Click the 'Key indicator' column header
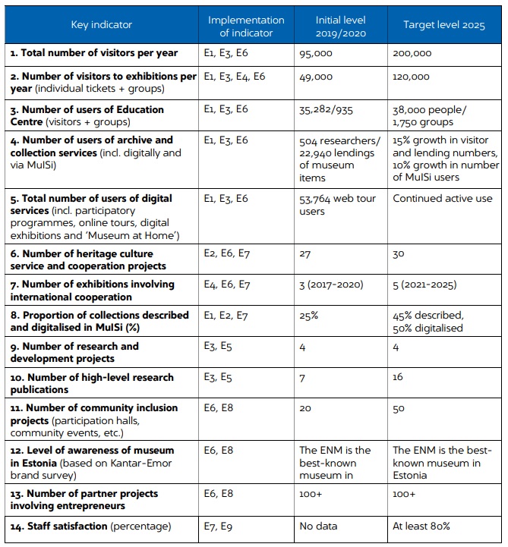point(102,25)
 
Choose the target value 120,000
point(412,77)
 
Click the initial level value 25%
point(309,316)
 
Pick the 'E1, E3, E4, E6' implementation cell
point(235,77)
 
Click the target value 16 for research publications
point(399,377)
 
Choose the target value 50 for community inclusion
point(399,408)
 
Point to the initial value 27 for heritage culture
point(305,254)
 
